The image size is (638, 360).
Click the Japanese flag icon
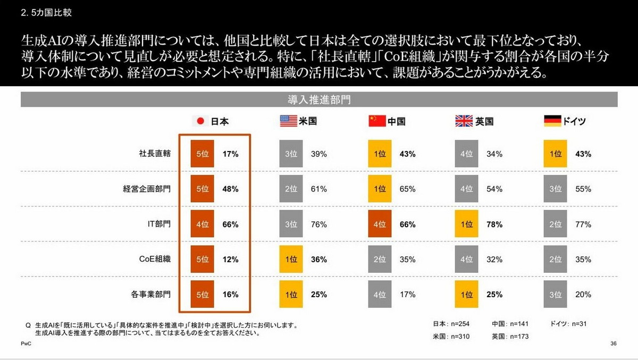[200, 121]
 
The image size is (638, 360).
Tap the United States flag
[288, 121]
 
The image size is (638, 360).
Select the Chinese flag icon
[376, 121]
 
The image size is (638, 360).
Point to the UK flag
[464, 121]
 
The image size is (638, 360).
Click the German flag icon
[552, 121]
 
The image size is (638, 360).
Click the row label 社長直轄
[154, 154]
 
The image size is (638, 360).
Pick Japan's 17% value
[230, 154]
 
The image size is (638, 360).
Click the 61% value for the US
[319, 189]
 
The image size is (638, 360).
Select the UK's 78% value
[495, 224]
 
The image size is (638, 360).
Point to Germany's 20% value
[583, 294]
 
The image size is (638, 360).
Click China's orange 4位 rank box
[380, 224]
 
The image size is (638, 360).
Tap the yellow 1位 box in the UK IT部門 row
[466, 224]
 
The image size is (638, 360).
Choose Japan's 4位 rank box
[203, 224]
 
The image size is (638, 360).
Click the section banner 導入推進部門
[319, 99]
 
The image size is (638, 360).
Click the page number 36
[614, 345]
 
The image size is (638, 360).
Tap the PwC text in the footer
[26, 345]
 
